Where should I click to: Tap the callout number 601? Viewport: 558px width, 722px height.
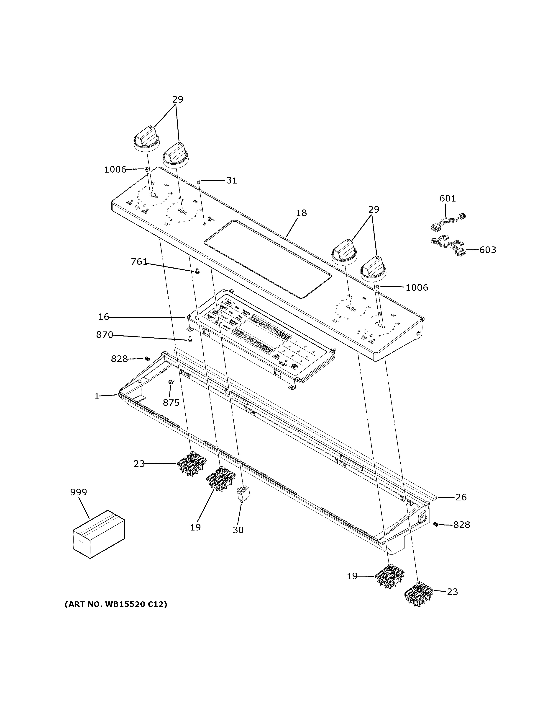(447, 198)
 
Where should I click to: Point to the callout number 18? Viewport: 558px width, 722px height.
(301, 213)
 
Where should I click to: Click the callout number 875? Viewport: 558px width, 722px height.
(171, 403)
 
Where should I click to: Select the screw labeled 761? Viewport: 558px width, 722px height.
(197, 271)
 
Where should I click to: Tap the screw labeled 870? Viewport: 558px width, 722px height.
(190, 339)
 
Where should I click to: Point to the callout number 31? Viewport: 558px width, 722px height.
(231, 181)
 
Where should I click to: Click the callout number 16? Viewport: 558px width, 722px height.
(103, 317)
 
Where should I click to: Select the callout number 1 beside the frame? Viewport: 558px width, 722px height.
(97, 396)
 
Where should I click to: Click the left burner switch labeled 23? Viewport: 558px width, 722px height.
(191, 464)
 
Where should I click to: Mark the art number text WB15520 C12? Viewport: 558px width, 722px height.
(115, 605)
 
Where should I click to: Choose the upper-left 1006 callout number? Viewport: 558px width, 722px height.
(115, 170)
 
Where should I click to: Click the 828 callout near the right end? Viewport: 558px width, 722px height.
(461, 525)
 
